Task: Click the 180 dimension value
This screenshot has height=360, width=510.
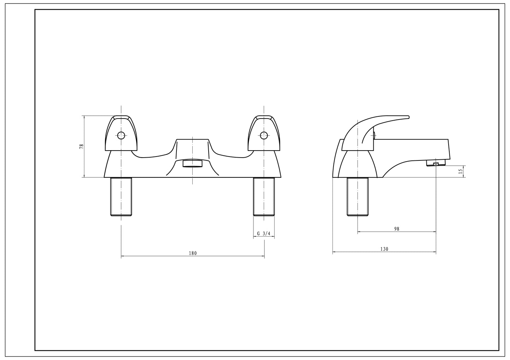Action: coord(193,254)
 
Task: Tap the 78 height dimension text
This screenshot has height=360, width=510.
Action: coord(82,146)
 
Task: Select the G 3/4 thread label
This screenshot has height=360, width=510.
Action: coord(264,233)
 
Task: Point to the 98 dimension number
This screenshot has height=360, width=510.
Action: coord(397,229)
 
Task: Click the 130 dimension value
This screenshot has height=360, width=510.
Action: coord(384,249)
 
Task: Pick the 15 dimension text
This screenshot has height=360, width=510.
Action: coord(461,171)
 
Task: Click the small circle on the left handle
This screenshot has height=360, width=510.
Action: coord(121,135)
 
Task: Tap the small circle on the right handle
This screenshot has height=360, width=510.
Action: coord(264,135)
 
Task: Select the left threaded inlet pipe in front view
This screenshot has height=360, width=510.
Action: coord(121,196)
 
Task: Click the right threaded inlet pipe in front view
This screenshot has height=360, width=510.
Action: coord(264,196)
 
